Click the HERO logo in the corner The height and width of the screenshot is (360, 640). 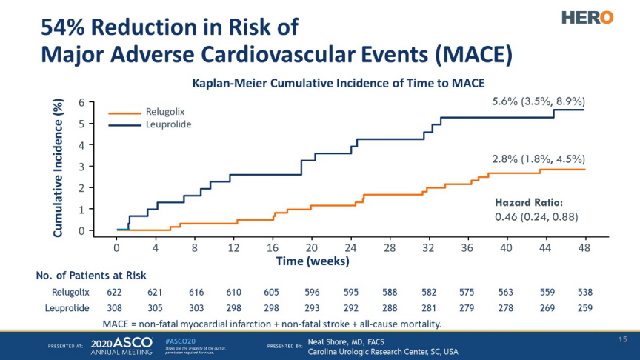[x=587, y=17]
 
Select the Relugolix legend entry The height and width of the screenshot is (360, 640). [x=164, y=112]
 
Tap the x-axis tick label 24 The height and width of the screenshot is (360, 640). [x=350, y=248]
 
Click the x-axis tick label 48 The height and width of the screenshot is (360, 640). [x=584, y=248]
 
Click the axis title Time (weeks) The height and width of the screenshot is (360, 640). [x=313, y=261]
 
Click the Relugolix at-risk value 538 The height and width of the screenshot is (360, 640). [x=585, y=293]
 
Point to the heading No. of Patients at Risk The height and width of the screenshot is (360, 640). [x=91, y=276]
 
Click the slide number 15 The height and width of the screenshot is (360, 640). [x=623, y=339]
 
